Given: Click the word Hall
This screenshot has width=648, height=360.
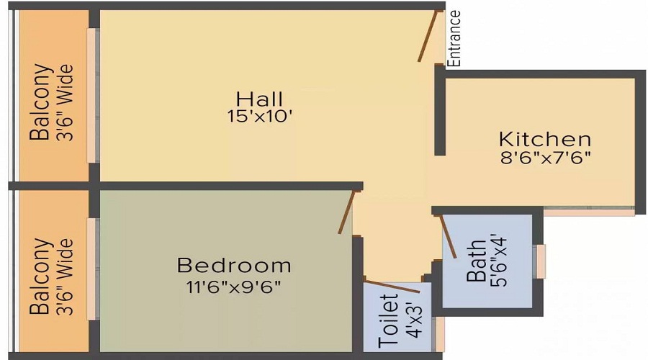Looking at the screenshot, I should (x=260, y=99).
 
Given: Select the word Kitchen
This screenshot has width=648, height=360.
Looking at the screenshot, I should (x=545, y=139).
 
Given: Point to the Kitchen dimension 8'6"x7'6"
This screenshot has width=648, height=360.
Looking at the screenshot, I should (x=545, y=157).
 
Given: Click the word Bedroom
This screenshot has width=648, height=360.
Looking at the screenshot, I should (x=234, y=266).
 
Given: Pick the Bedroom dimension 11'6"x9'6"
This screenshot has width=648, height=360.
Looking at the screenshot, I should (x=234, y=285).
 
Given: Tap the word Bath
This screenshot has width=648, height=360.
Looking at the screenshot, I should (x=477, y=266).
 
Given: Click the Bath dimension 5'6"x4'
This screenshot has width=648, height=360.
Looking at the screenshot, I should (x=496, y=260).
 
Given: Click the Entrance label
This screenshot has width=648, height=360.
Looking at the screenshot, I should (x=454, y=38).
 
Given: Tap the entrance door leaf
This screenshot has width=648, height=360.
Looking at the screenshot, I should (x=429, y=36).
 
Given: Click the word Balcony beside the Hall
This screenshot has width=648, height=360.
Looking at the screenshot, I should (x=42, y=102).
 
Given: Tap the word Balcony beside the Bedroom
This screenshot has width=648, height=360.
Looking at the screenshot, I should (x=42, y=276).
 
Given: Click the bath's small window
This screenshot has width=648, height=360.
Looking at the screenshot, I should (x=540, y=261).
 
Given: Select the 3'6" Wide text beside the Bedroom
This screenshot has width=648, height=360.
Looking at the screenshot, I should (x=66, y=276).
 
